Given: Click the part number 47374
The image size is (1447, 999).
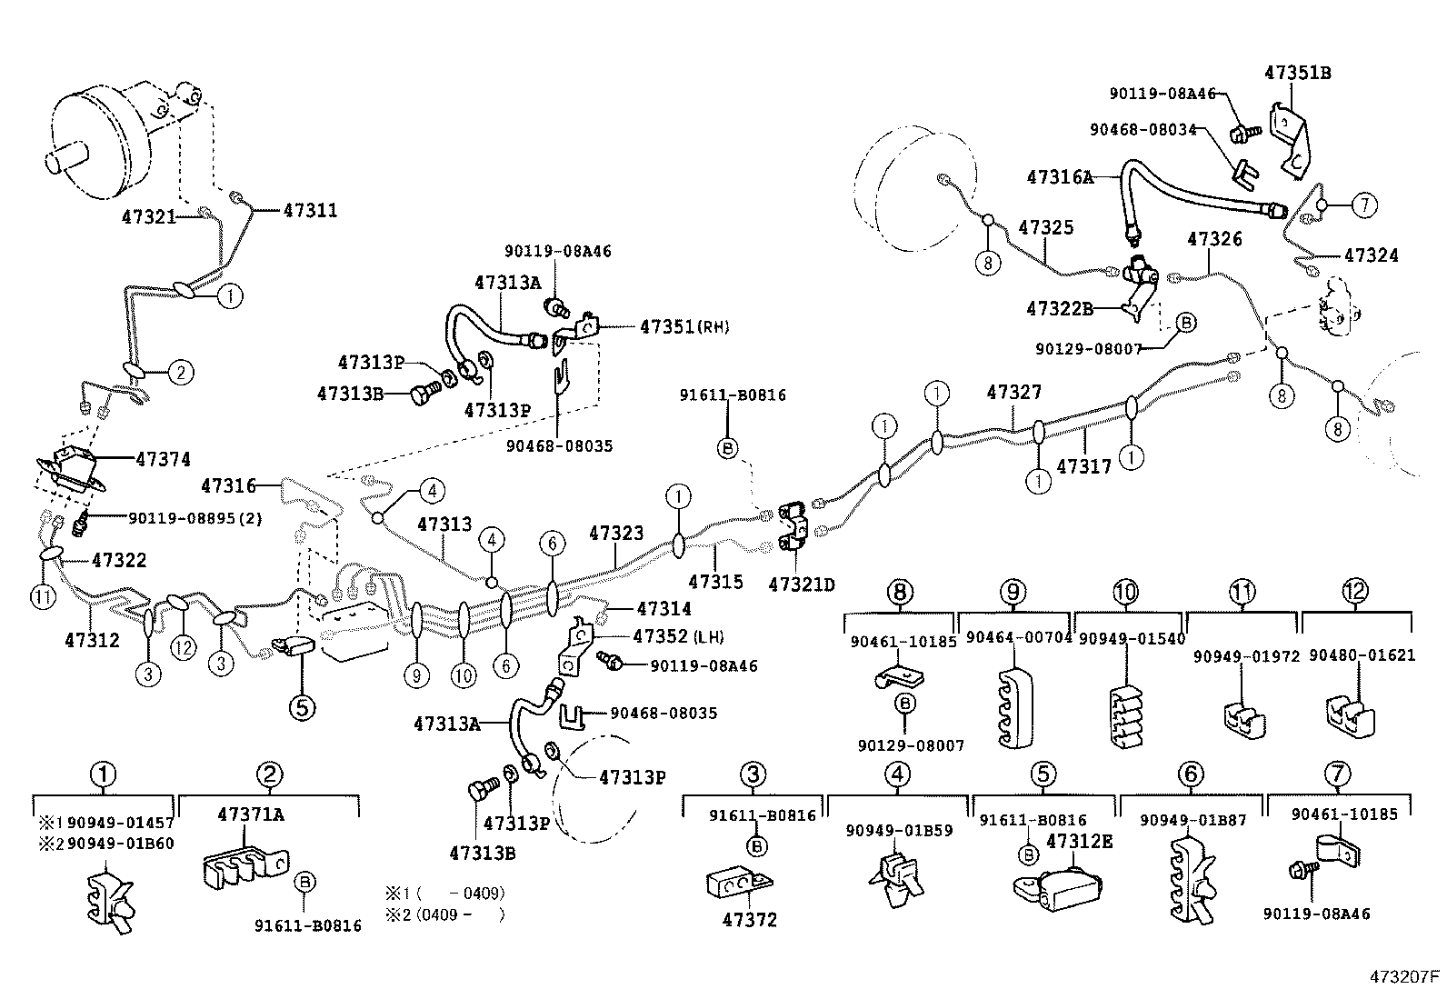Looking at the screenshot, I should tap(163, 460).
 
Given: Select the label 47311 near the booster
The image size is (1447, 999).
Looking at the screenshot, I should tap(310, 210).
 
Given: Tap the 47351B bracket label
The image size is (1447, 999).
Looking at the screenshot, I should tap(1297, 73).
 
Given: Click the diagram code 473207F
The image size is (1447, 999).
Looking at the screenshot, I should tap(1405, 977).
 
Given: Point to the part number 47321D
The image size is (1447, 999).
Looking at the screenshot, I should tap(801, 584).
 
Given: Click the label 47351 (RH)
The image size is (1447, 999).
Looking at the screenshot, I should tap(684, 326).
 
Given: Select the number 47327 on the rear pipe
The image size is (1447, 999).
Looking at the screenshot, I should tap(1013, 393).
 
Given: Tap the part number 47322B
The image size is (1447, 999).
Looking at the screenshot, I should tap(1059, 309).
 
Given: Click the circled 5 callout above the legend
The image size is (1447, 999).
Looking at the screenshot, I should tap(303, 706).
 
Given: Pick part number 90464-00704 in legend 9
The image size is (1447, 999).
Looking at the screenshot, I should tap(1018, 638).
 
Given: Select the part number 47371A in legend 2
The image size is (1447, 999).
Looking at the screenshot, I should tap(250, 814).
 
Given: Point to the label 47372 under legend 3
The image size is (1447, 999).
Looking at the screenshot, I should tap(750, 920).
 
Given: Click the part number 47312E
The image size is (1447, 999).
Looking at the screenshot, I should tap(1079, 842).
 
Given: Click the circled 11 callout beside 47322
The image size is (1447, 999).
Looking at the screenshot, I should tap(42, 597).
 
